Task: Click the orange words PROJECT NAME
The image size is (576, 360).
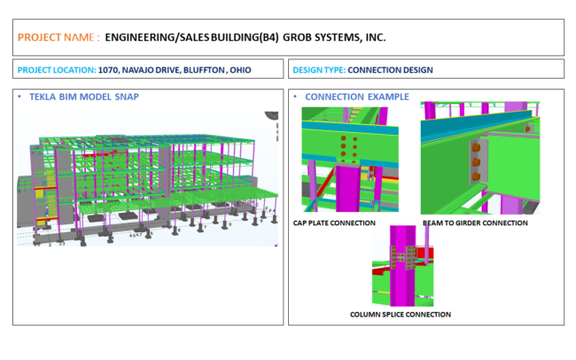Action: [54, 38]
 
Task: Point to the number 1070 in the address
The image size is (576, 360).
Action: [110, 69]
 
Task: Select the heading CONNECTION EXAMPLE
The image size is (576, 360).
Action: [357, 97]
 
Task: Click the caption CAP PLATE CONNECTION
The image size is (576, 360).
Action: [334, 223]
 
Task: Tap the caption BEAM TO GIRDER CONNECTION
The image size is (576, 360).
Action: [474, 223]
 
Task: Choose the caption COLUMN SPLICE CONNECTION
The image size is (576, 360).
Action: [401, 314]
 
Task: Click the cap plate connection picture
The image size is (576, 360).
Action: [349, 160]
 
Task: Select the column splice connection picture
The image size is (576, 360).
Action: [405, 265]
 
